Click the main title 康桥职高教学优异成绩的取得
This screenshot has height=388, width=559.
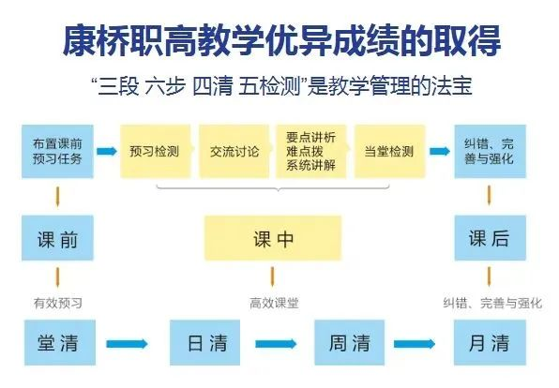tap(281, 40)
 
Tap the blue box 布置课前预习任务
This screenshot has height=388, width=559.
tap(57, 151)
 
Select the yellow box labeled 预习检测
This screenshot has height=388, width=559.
tap(155, 151)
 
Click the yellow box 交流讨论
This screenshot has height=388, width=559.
tap(234, 151)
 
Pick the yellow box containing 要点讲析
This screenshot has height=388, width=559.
tap(310, 151)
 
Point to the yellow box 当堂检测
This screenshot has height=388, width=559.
tap(389, 151)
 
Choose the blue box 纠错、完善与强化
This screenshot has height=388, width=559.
tap(490, 151)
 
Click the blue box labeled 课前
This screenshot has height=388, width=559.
tap(57, 238)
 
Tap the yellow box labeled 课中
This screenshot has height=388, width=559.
tap(273, 238)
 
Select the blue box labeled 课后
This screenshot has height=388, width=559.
tap(490, 238)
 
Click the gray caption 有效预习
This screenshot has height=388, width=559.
tap(58, 304)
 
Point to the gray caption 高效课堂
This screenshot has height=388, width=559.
tap(274, 304)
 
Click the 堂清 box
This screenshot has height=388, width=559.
tap(60, 342)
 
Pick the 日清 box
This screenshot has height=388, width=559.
tap(204, 342)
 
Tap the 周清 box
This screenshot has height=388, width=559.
tap(349, 342)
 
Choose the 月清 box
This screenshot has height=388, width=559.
tap(490, 342)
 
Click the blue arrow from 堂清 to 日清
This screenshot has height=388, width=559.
tap(127, 344)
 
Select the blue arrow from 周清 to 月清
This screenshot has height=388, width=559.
tap(415, 344)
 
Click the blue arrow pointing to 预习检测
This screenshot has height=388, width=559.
tap(107, 151)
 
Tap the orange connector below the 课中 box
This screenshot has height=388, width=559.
tap(272, 276)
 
